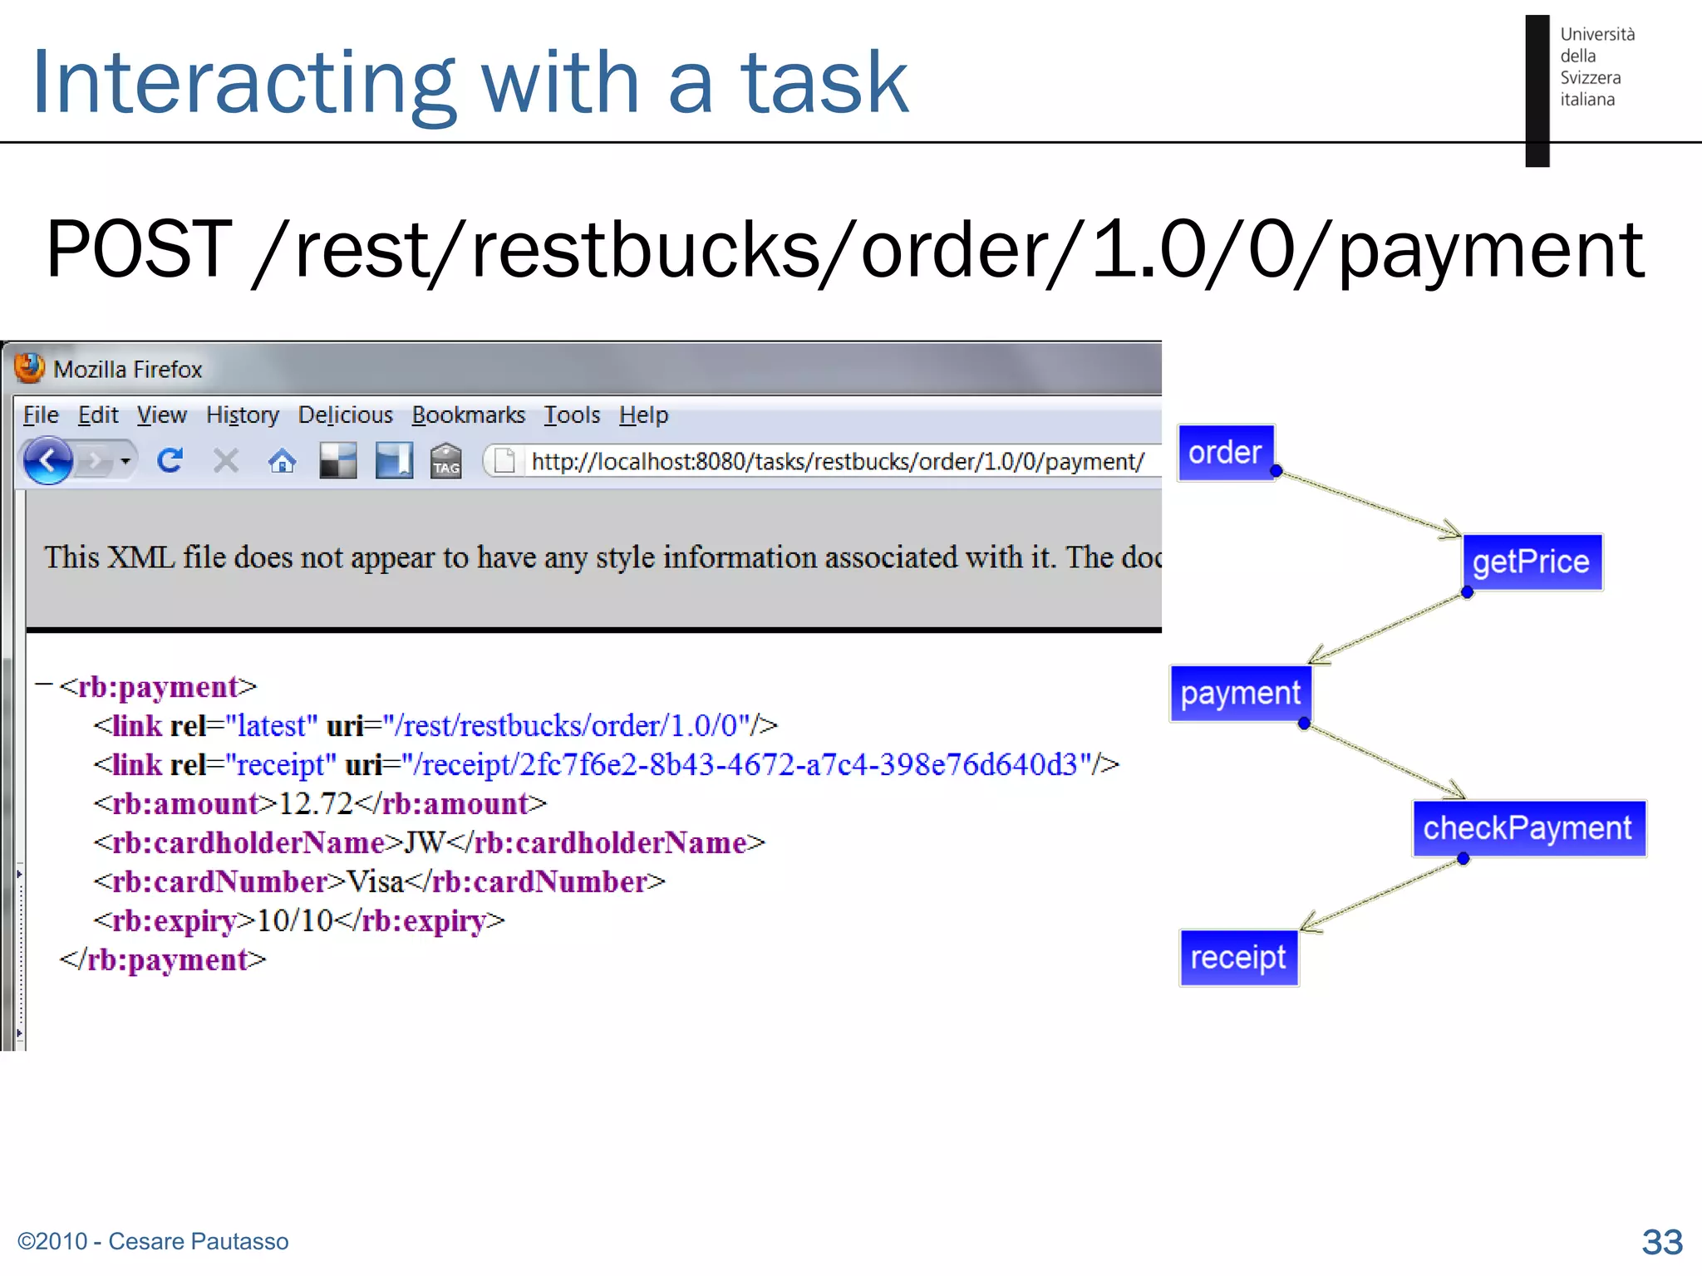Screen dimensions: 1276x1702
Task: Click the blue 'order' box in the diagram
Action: pyautogui.click(x=1225, y=453)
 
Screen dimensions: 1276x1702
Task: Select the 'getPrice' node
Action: pyautogui.click(x=1531, y=562)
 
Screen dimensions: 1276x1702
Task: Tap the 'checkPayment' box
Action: pyautogui.click(x=1527, y=828)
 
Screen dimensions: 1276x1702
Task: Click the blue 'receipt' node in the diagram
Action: pyautogui.click(x=1237, y=958)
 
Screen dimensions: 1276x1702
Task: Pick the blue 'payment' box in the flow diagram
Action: pyautogui.click(x=1240, y=694)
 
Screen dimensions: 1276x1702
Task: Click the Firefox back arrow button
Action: pyautogui.click(x=47, y=460)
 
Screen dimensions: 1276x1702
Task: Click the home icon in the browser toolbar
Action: pyautogui.click(x=282, y=461)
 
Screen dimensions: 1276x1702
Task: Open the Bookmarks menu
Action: pyautogui.click(x=468, y=415)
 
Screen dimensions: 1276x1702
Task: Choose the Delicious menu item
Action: pyautogui.click(x=345, y=415)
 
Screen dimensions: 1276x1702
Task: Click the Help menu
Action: pyautogui.click(x=643, y=415)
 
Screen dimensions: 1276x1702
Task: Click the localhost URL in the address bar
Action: pyautogui.click(x=837, y=461)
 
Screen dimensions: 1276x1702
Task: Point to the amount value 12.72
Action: pyautogui.click(x=316, y=803)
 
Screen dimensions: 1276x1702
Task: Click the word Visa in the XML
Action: pyautogui.click(x=375, y=881)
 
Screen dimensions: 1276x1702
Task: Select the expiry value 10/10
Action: pyautogui.click(x=295, y=920)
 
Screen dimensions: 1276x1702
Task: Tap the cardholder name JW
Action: pyautogui.click(x=425, y=842)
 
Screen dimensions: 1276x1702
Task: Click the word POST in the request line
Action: pyautogui.click(x=139, y=249)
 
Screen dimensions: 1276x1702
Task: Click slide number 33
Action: pyautogui.click(x=1661, y=1242)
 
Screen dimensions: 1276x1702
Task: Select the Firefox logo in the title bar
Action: pyautogui.click(x=30, y=368)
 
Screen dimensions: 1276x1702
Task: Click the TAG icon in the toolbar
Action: pyautogui.click(x=445, y=461)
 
